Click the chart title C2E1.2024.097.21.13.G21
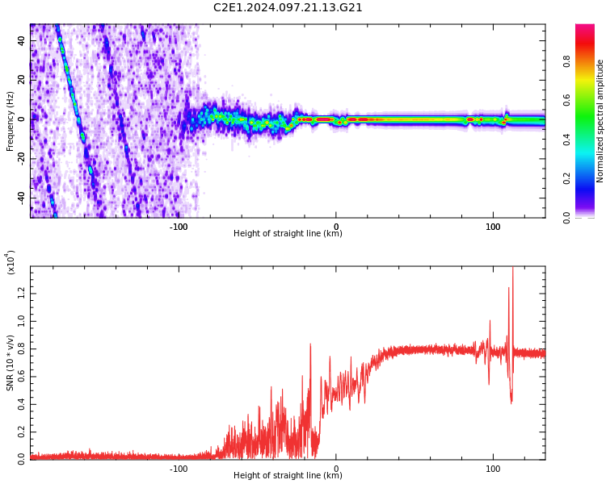[288, 8]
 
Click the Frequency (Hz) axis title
[11, 121]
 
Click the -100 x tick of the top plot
[179, 227]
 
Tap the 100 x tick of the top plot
[492, 227]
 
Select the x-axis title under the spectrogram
[288, 234]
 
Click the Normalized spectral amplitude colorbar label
[600, 121]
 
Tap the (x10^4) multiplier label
[11, 263]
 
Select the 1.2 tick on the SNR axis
[21, 293]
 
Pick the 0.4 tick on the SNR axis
[21, 403]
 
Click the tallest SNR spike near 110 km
[512, 269]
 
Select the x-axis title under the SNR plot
[288, 476]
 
